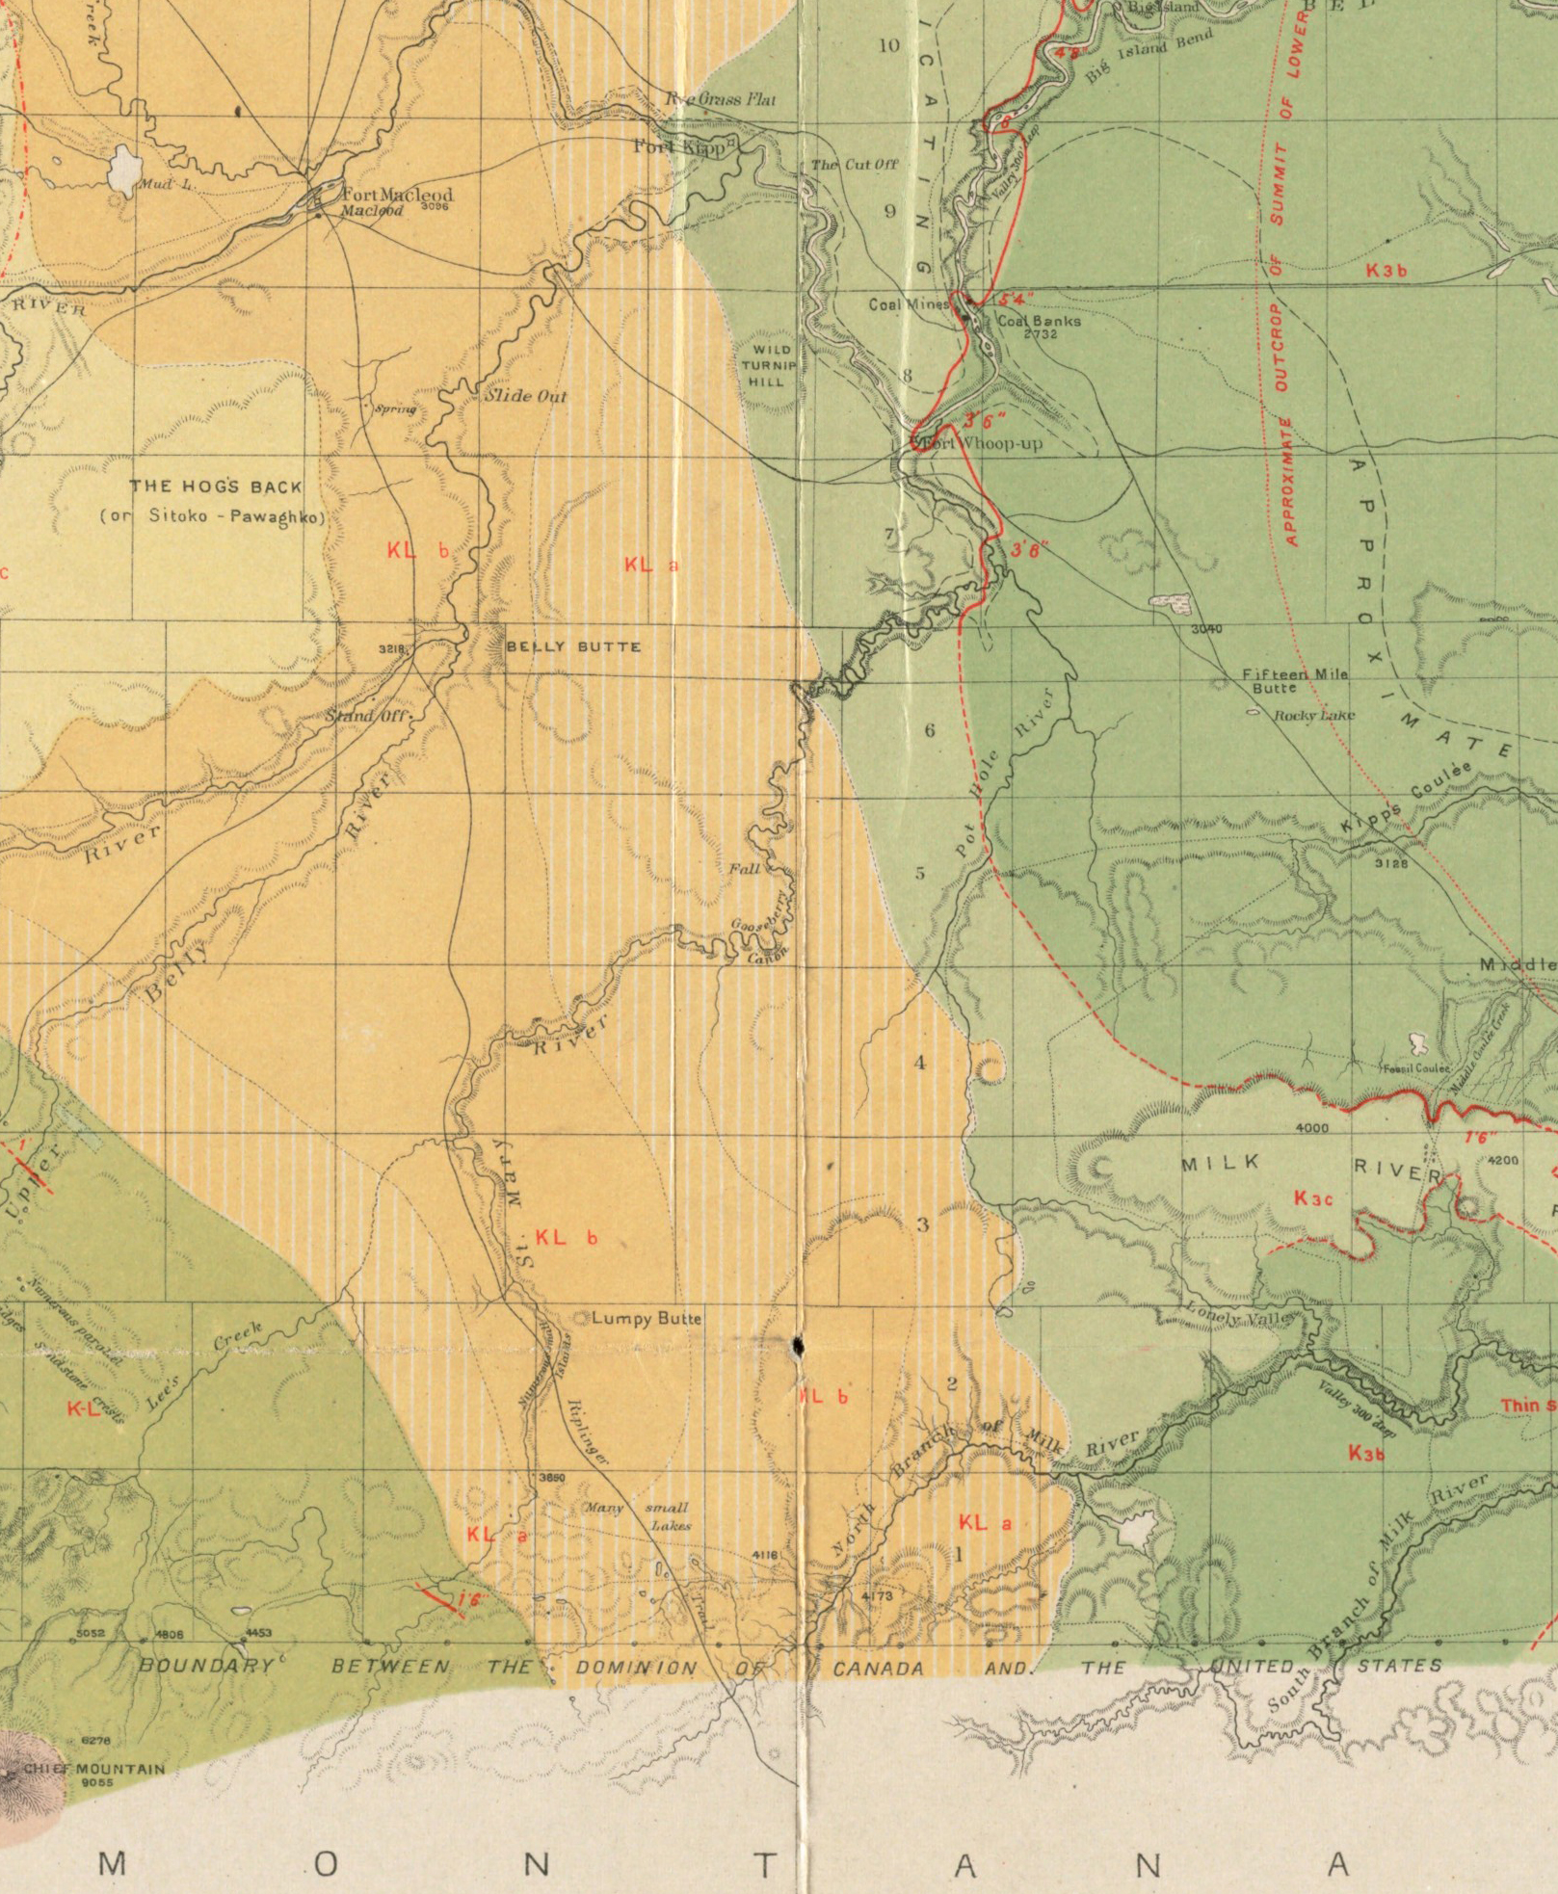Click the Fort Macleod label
coord(397,194)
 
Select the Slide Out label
coord(525,396)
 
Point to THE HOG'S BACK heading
coord(216,487)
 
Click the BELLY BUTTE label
coord(574,646)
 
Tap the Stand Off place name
coord(367,717)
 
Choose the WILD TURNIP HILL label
coord(769,365)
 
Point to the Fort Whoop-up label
coord(982,444)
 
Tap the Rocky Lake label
coord(1313,715)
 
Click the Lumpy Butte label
coord(646,1318)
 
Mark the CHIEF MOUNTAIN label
coord(93,1769)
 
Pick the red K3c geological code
coord(1312,1198)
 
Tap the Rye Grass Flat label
coord(722,99)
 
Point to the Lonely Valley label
coord(1227,1315)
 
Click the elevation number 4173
coord(877,1596)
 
